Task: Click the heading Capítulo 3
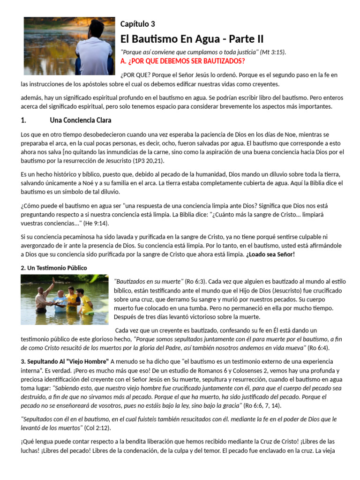[x=137, y=24]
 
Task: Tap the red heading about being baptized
[x=182, y=61]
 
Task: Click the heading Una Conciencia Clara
[x=81, y=120]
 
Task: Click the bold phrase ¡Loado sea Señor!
[x=270, y=255]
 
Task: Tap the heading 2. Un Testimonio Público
[x=54, y=268]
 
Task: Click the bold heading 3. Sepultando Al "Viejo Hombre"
[x=65, y=361]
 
